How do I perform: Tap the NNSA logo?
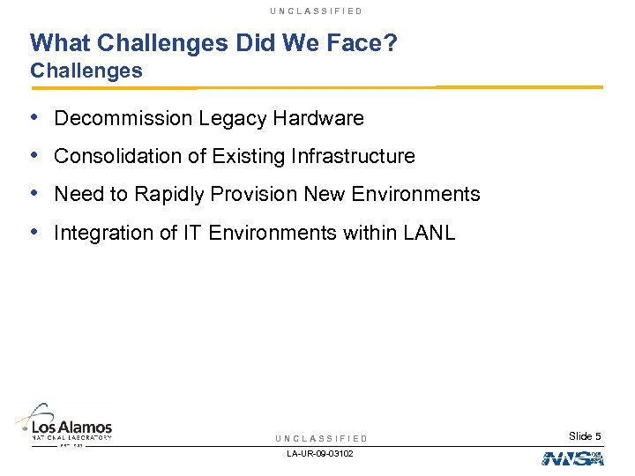tap(572, 458)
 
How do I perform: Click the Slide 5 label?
tap(585, 436)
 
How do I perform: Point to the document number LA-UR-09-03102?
tap(321, 454)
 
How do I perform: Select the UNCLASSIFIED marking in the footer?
tap(321, 438)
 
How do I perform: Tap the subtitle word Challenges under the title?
tap(86, 71)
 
